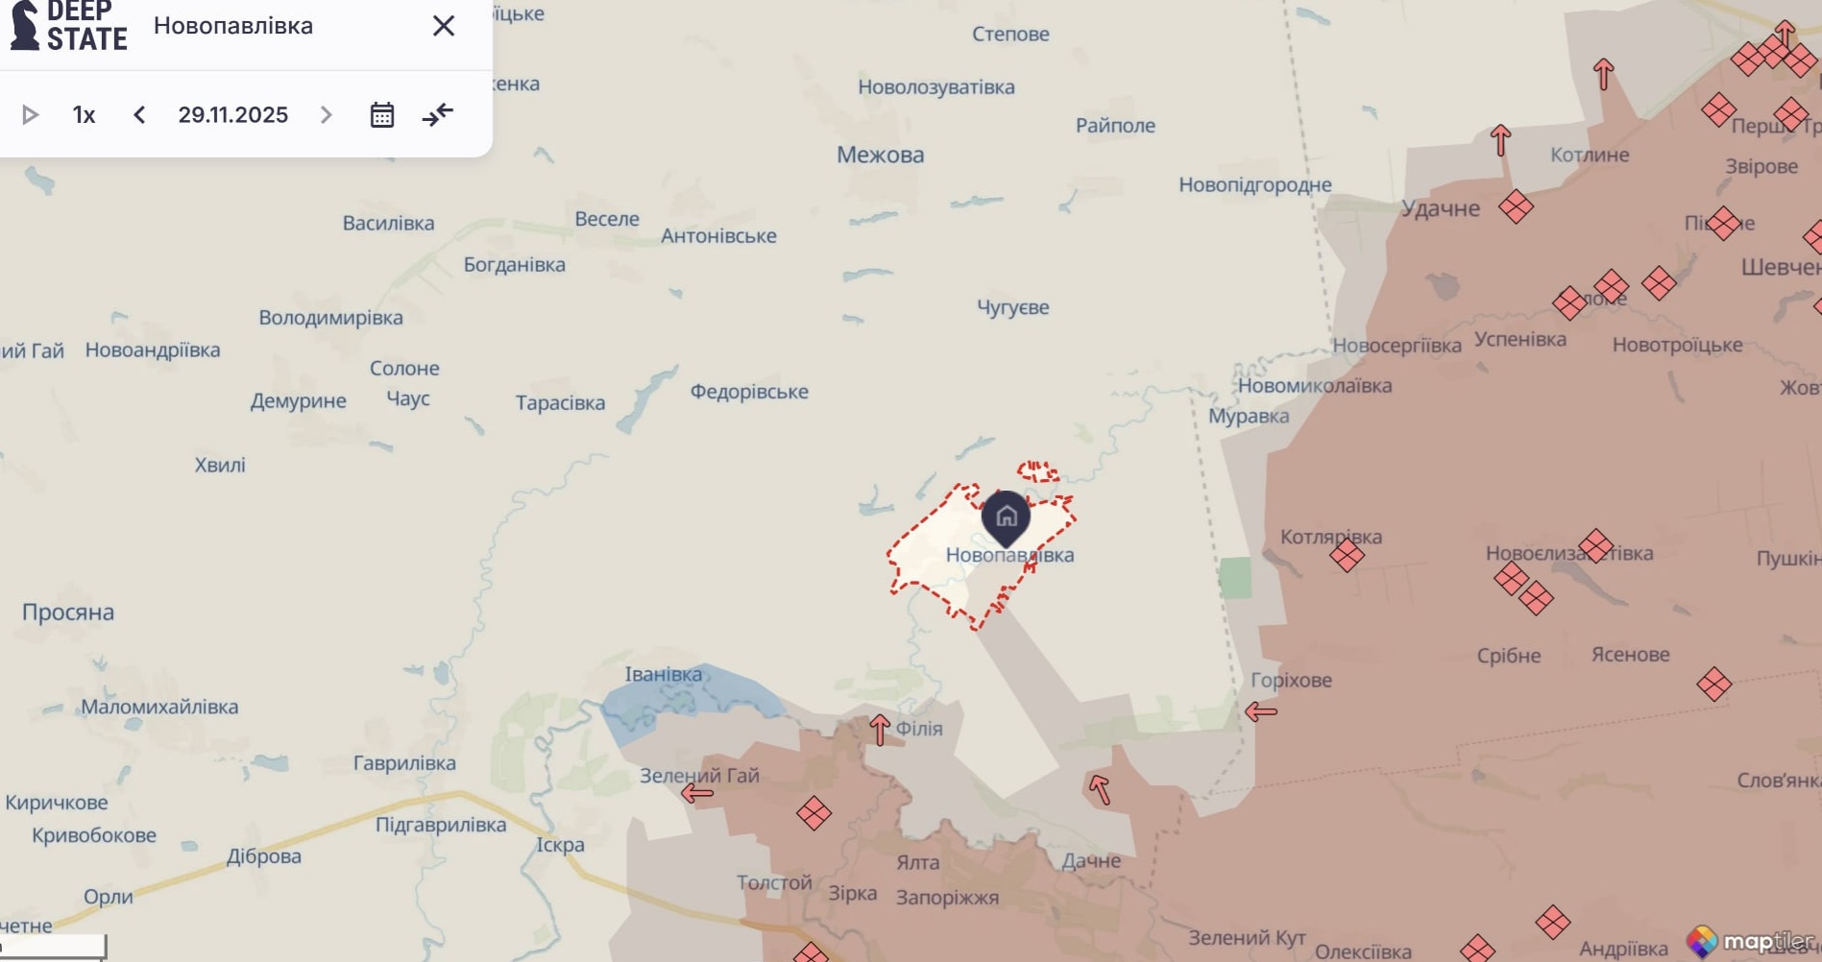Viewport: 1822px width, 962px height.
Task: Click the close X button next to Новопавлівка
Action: [443, 26]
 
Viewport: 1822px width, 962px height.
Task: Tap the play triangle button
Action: [30, 115]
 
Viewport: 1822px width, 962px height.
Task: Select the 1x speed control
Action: [85, 115]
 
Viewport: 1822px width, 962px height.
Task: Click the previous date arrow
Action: [140, 115]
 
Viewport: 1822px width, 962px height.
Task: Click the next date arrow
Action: [327, 115]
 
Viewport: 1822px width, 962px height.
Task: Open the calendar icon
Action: [382, 115]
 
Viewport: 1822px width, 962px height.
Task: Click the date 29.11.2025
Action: [233, 115]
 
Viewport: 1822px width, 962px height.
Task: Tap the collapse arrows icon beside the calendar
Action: [438, 115]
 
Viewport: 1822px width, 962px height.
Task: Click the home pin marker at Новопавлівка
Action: [1006, 517]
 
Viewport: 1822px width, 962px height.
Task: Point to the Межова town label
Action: [880, 155]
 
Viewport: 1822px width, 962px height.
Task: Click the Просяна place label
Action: [68, 613]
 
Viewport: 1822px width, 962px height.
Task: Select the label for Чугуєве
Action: [1012, 307]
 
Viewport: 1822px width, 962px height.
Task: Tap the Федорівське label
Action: [749, 392]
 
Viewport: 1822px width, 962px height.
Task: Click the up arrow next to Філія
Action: [880, 730]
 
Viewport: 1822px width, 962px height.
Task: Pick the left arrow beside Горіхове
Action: [1261, 711]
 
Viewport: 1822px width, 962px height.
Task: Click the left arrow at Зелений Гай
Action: [697, 793]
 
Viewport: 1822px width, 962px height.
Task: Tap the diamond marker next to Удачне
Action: [1516, 206]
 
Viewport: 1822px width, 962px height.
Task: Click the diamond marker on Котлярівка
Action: [1347, 554]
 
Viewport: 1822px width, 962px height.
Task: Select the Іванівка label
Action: [663, 674]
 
